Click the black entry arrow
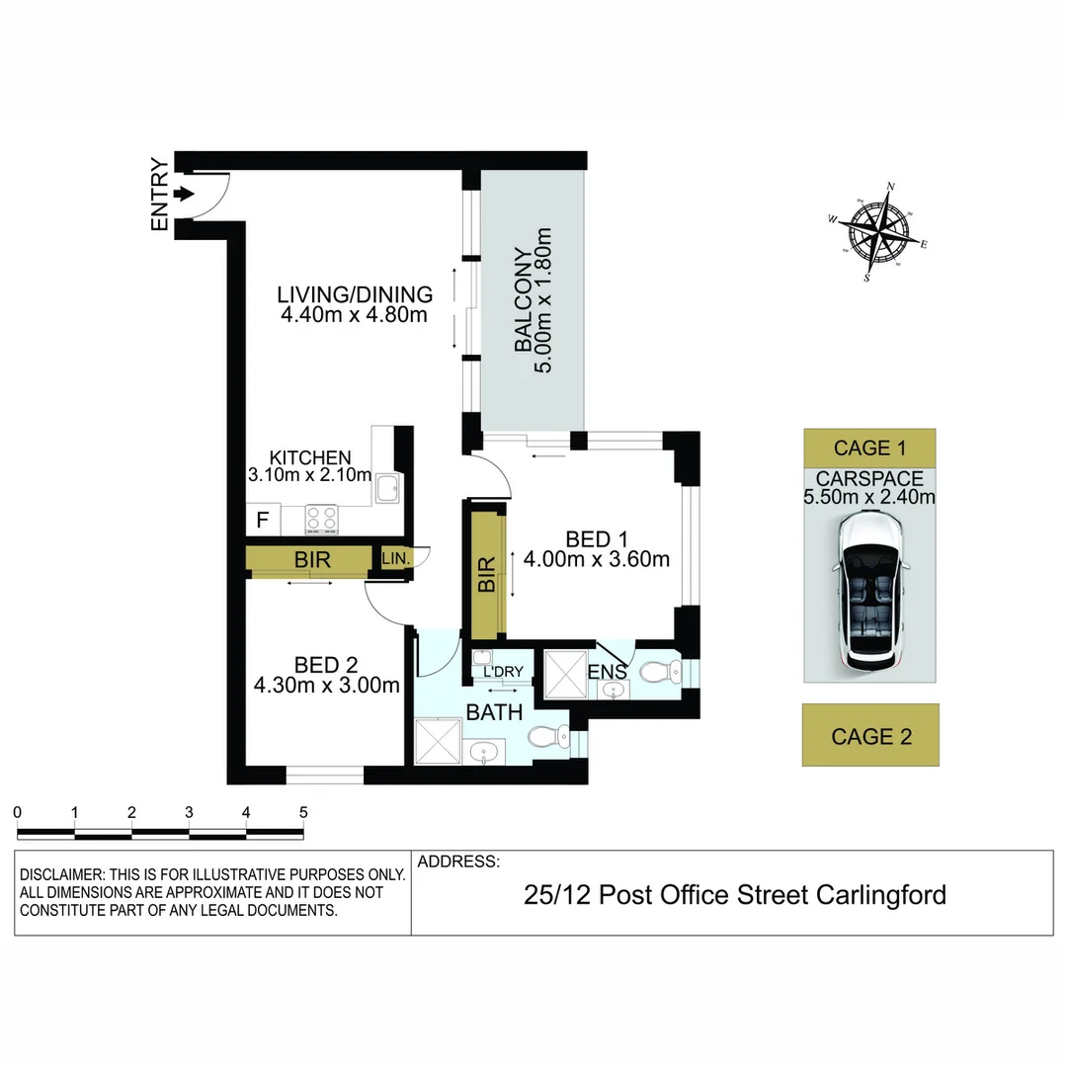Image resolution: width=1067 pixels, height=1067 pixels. coord(184,194)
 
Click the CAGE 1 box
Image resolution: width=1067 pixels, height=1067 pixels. coord(869,448)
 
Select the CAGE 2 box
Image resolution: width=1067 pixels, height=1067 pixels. coord(870,735)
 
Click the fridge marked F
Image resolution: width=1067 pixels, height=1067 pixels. coord(263,519)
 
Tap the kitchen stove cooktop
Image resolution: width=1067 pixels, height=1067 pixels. coord(323,518)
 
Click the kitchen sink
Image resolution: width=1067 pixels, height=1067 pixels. coord(388,487)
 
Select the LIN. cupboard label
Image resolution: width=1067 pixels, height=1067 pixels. coord(393,559)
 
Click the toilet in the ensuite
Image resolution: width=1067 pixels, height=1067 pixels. coord(657,673)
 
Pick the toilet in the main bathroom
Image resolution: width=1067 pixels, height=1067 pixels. coord(546,736)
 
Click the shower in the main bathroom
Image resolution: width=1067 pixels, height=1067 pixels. coord(438,741)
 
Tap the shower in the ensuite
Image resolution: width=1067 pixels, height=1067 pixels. coord(564,675)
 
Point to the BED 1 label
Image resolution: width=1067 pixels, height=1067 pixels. coord(597,538)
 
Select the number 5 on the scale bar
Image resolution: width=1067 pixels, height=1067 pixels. coord(302,812)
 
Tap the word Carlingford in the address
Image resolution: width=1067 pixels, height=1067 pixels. coord(881,895)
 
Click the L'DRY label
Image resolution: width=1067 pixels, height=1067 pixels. coord(502,672)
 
